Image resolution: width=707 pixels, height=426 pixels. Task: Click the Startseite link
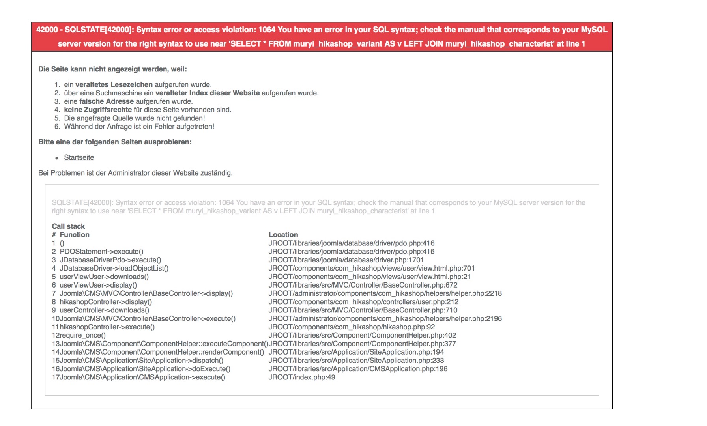point(79,157)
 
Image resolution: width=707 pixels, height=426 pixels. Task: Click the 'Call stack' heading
point(68,226)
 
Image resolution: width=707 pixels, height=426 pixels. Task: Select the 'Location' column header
point(283,235)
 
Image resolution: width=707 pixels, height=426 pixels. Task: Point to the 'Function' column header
point(75,235)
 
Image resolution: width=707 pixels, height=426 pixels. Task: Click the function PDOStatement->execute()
point(101,252)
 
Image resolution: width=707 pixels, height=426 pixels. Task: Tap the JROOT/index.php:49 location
point(302,377)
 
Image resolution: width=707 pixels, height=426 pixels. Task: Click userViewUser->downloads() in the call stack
point(104,277)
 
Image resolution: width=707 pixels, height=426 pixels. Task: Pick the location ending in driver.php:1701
point(346,260)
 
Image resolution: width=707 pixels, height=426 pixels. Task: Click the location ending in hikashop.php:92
point(352,327)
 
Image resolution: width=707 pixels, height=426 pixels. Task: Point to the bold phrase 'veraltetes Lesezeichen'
point(114,85)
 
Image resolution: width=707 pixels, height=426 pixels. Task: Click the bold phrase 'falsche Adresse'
point(107,101)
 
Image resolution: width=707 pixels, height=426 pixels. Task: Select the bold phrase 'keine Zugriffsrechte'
point(98,110)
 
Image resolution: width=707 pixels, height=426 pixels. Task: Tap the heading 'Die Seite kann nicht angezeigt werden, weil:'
point(112,69)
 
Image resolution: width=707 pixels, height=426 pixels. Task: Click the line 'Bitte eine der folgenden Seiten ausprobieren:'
point(115,142)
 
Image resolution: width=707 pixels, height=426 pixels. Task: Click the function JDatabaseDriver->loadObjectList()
point(114,269)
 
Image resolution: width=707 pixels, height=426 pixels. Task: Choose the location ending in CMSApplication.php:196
point(358,369)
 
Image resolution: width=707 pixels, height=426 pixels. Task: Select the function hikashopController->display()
point(106,302)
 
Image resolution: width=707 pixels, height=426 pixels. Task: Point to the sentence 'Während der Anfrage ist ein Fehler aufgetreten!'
point(139,127)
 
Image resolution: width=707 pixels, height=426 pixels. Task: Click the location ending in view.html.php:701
point(371,269)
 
